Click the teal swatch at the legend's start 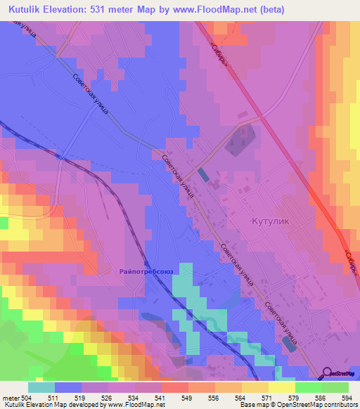[41, 387]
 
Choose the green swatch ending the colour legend [335, 387]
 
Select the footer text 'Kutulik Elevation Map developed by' [41, 405]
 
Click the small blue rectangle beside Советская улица [203, 174]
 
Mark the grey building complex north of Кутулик [238, 137]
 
